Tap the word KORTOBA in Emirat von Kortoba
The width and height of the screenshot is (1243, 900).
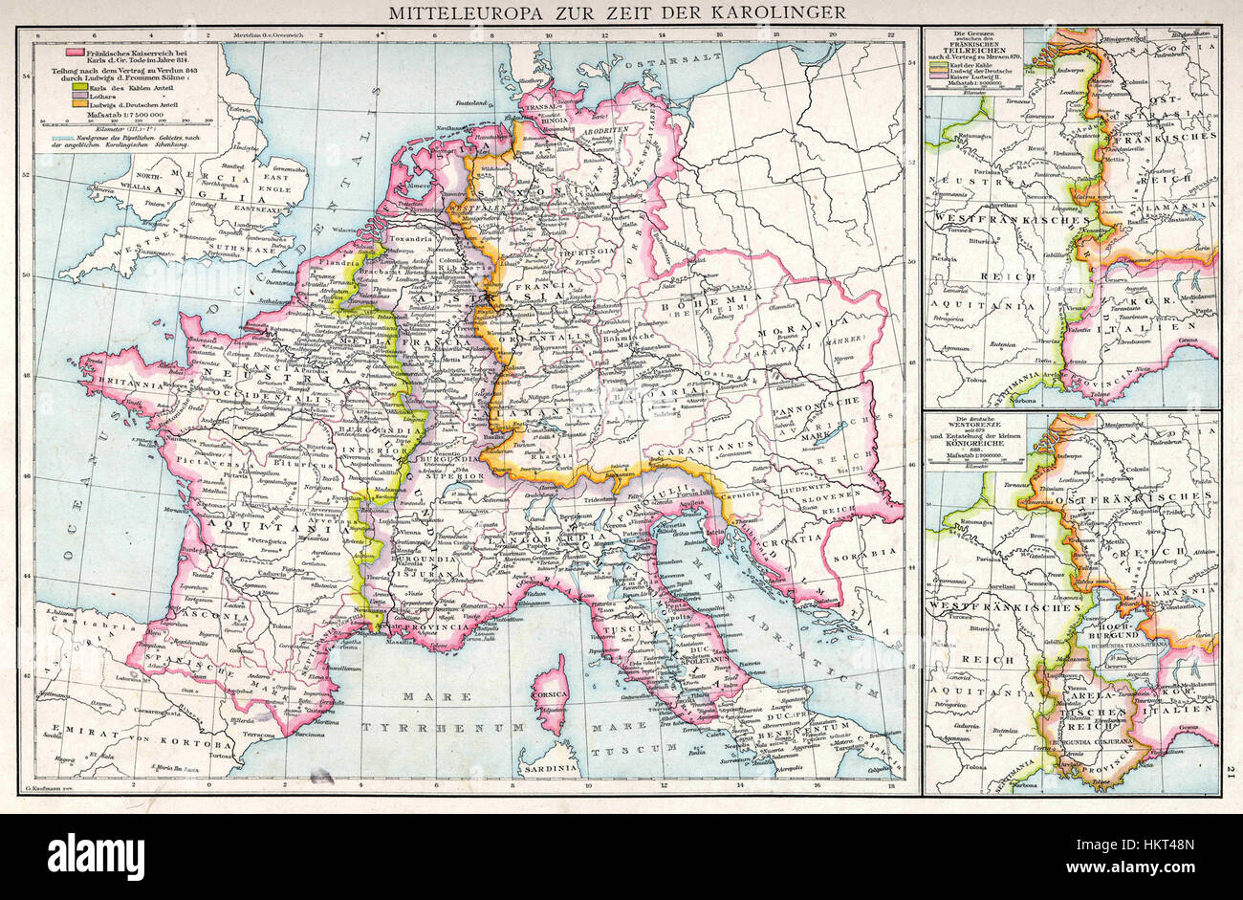point(194,745)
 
